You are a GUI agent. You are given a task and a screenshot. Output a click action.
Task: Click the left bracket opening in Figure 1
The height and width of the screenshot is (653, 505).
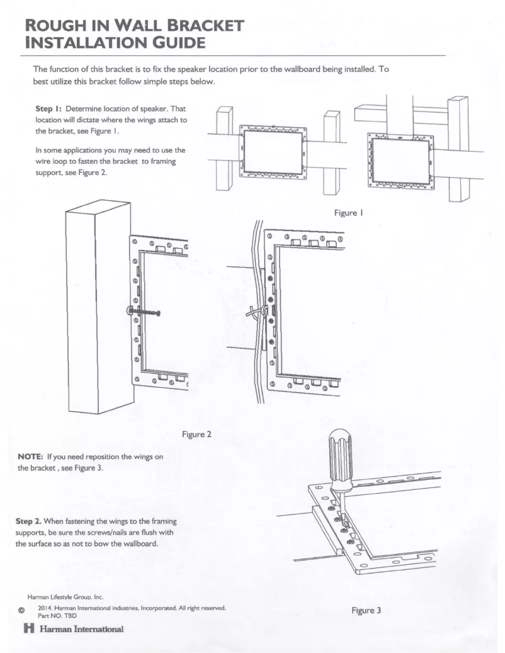point(273,154)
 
